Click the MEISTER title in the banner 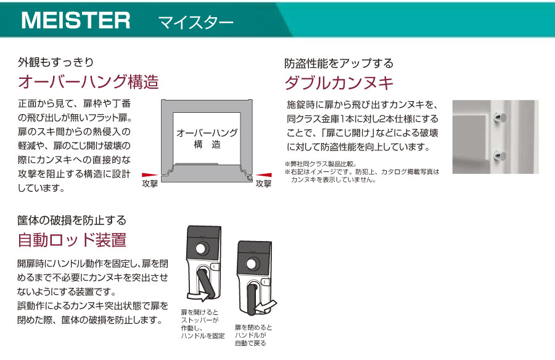[76, 20]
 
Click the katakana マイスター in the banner [195, 23]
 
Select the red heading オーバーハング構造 [88, 82]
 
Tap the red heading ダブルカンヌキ [339, 83]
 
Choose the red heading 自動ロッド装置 [72, 240]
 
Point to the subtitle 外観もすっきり [56, 62]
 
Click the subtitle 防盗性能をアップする [339, 63]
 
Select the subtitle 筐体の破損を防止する [72, 220]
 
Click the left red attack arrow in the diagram [150, 175]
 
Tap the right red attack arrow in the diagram [264, 175]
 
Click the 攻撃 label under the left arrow [150, 183]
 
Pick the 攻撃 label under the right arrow [264, 183]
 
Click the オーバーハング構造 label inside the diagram [207, 139]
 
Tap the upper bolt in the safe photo [499, 118]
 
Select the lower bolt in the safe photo [499, 155]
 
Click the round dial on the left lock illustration [200, 248]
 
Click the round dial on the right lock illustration [252, 264]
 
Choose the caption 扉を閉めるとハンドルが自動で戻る [253, 335]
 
